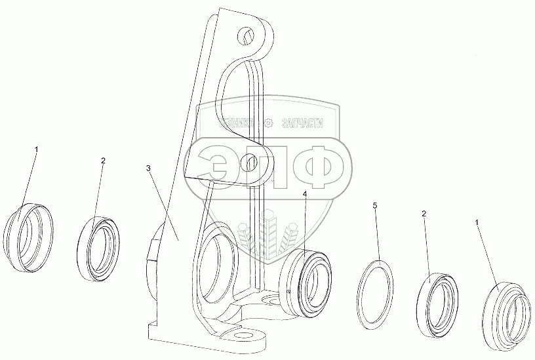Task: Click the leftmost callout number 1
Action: point(36,150)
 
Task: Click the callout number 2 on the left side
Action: point(103,160)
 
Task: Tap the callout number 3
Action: point(149,169)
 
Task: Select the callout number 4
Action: point(304,194)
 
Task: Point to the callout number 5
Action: point(374,206)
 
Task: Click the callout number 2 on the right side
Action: point(424,214)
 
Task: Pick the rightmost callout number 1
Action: point(477,223)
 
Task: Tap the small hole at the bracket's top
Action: point(246,33)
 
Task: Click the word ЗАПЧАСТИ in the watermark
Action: point(304,122)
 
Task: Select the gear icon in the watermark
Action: point(267,123)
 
